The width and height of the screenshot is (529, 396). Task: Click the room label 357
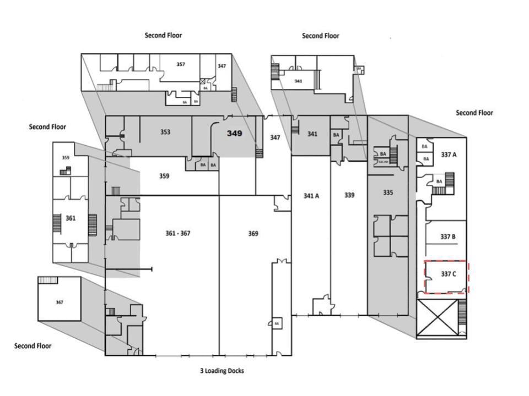(x=180, y=64)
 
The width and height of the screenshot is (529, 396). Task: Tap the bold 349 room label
(x=235, y=133)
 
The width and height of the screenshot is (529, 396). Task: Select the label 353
(x=165, y=132)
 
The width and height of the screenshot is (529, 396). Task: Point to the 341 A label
(x=311, y=195)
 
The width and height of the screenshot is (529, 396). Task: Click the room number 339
(x=349, y=195)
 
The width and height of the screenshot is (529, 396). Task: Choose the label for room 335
(x=388, y=193)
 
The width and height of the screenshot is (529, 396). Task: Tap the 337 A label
(x=449, y=155)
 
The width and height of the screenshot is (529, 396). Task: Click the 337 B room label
(x=447, y=237)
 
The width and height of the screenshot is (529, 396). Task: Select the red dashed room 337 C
(x=446, y=277)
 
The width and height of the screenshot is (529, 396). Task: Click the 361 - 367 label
(x=178, y=233)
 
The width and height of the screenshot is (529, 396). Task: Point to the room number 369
(x=253, y=234)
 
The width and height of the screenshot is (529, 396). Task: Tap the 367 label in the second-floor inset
(x=60, y=302)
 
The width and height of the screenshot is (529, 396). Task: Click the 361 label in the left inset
(x=71, y=218)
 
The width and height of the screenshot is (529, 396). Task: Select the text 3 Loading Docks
(x=222, y=371)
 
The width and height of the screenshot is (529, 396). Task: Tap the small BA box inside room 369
(x=277, y=323)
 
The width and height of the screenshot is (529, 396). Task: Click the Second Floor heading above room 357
(x=163, y=35)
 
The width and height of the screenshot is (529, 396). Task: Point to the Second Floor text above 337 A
(x=474, y=113)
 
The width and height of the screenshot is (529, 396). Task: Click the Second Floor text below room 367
(x=33, y=346)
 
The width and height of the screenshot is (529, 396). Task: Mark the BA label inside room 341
(x=336, y=135)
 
